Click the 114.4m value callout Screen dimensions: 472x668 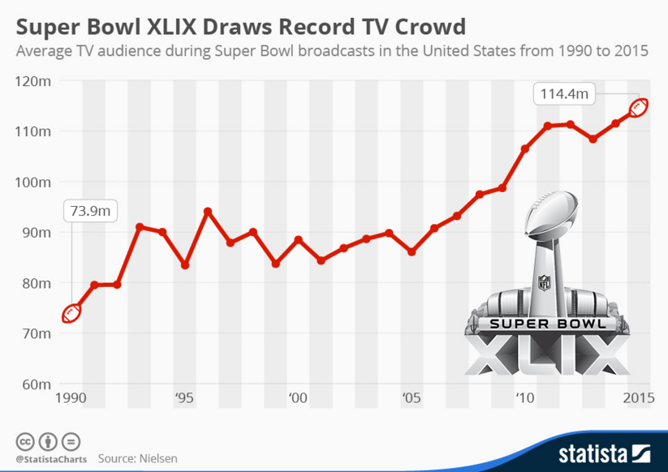click(x=564, y=94)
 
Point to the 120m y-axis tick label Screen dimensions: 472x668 click(x=34, y=81)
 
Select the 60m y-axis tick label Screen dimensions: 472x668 click(x=36, y=384)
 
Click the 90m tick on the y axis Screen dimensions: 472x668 click(x=36, y=233)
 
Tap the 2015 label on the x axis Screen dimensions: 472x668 click(x=640, y=398)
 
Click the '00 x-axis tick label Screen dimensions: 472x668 click(x=297, y=398)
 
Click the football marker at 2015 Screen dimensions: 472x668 click(x=639, y=108)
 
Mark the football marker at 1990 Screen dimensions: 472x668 click(x=71, y=312)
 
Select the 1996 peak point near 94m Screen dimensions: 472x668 click(x=208, y=212)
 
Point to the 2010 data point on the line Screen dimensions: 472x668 click(x=525, y=149)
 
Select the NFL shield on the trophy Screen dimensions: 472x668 click(x=544, y=282)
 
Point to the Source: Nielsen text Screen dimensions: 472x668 click(x=137, y=458)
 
